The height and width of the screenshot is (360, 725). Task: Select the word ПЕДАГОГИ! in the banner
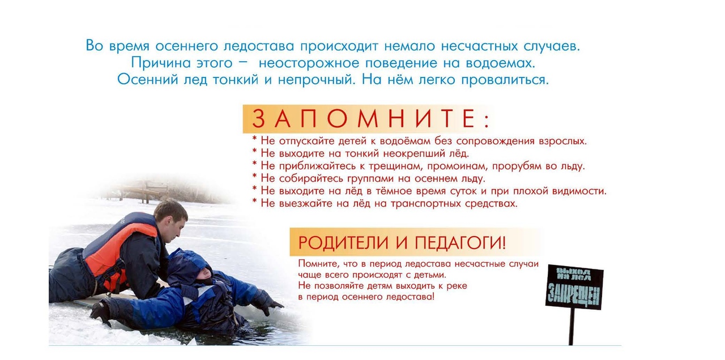pyautogui.click(x=460, y=243)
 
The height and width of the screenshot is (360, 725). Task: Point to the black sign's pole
pyautogui.click(x=572, y=326)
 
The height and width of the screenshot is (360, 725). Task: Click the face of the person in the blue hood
pyautogui.click(x=203, y=275)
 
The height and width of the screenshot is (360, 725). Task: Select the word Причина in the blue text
pyautogui.click(x=160, y=63)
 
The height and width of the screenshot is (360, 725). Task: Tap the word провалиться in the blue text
pyautogui.click(x=505, y=80)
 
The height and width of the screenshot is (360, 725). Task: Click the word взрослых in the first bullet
pyautogui.click(x=562, y=142)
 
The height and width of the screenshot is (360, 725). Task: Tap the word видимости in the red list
pyautogui.click(x=579, y=191)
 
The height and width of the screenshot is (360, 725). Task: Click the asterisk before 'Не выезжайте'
pyautogui.click(x=254, y=202)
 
